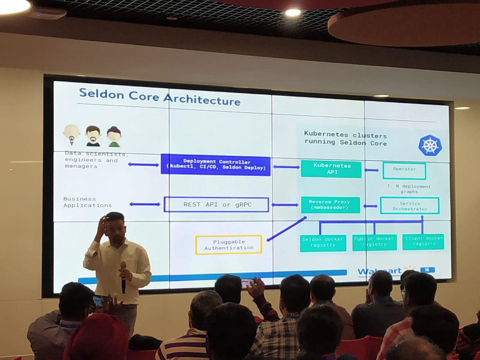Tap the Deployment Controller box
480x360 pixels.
(216, 165)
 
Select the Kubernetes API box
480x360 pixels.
(331, 169)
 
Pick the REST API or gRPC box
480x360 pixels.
(216, 204)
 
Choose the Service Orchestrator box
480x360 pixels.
(409, 206)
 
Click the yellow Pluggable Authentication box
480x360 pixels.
(228, 245)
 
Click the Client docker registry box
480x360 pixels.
(423, 242)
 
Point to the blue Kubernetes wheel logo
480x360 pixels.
(430, 145)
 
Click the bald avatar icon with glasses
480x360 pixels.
(72, 135)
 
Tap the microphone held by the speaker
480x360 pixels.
(123, 276)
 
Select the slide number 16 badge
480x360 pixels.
(428, 270)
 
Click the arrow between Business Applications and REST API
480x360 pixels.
(144, 204)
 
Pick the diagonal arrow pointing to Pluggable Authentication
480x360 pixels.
(286, 229)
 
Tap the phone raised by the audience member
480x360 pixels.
(247, 283)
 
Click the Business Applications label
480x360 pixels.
(87, 202)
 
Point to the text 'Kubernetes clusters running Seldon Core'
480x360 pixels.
(345, 138)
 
